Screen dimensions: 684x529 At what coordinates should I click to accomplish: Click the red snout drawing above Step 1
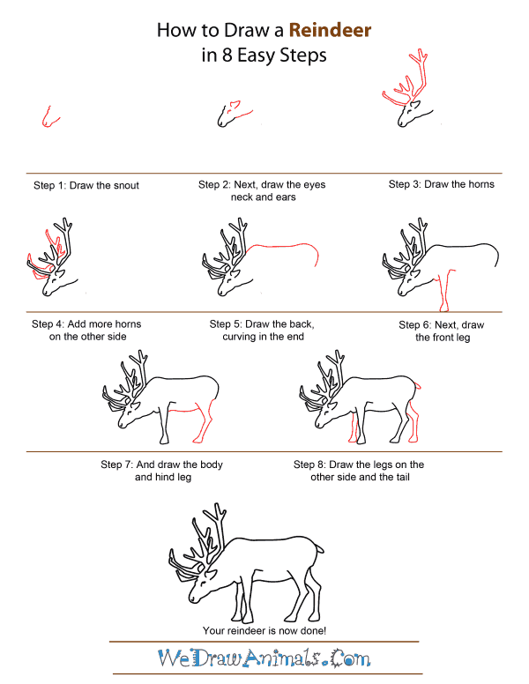[x=48, y=118]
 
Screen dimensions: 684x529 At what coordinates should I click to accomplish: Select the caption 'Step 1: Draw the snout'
[x=86, y=185]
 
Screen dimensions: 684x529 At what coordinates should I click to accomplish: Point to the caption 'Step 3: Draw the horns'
[x=441, y=184]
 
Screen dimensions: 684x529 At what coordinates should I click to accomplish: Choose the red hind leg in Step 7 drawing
[x=206, y=423]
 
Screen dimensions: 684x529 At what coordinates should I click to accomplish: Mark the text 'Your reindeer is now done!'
[x=264, y=630]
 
